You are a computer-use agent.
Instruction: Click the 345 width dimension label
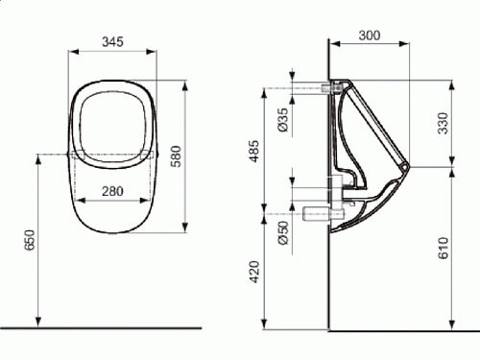112,41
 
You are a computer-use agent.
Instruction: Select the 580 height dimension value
176,156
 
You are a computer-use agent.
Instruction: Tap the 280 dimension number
112,191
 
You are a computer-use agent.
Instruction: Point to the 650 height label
29,240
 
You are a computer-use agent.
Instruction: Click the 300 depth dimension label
370,36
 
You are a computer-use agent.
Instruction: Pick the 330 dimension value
444,123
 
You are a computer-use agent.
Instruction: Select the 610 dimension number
444,248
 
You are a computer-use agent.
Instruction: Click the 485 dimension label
254,151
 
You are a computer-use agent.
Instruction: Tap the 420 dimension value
254,272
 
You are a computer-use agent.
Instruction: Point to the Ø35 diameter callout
283,120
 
